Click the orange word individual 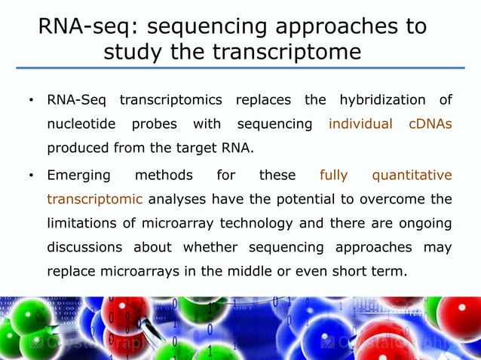(x=360, y=124)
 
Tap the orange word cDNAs (x=430, y=124)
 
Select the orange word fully (x=333, y=176)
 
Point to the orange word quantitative (x=412, y=176)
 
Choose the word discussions (x=84, y=247)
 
